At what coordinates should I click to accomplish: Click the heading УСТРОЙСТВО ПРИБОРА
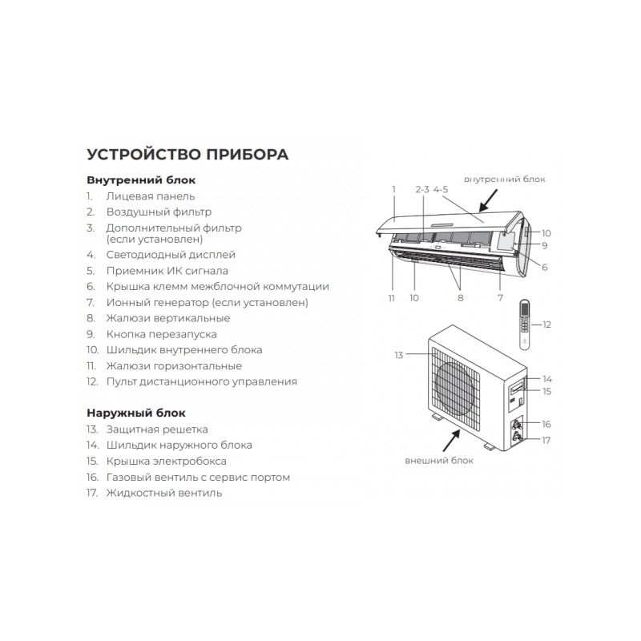tap(187, 155)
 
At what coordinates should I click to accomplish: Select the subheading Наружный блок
tap(136, 413)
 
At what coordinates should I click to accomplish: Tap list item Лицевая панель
tap(151, 196)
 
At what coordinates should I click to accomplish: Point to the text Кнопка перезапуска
tap(162, 334)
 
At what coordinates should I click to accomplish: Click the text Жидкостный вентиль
tap(164, 493)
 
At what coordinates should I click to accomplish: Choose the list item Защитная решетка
tap(157, 429)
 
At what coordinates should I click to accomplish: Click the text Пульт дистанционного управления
tap(202, 382)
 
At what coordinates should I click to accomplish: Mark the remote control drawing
tap(525, 325)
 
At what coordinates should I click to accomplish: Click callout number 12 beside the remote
tap(546, 325)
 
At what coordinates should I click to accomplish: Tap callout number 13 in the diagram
tap(398, 355)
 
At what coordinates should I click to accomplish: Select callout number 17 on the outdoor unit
tap(546, 440)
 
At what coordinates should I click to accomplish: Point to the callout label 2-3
tap(422, 190)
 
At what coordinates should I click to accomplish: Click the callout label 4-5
tap(441, 190)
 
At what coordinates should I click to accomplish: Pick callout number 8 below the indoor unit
tap(461, 298)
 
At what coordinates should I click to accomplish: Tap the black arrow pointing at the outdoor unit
tap(451, 440)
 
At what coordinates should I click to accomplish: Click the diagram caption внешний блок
tap(439, 461)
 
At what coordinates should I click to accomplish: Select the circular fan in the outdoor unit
tap(454, 389)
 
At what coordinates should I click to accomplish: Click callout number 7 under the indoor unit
tap(500, 298)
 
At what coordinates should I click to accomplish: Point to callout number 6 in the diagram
tap(545, 268)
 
